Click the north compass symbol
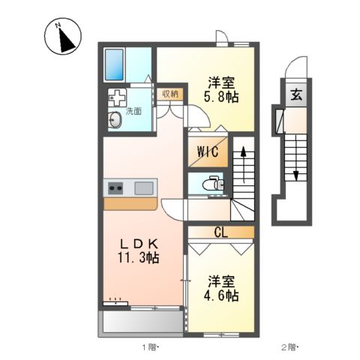62,38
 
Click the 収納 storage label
169,94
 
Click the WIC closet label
208,151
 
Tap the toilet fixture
212,182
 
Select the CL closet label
222,232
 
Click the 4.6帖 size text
222,295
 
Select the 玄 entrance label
296,94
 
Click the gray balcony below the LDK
139,322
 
